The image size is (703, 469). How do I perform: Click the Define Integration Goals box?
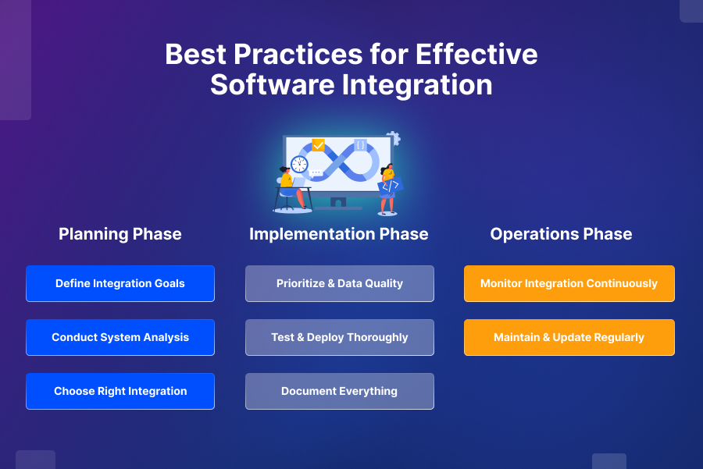[120, 283]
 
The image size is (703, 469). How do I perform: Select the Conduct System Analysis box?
[120, 337]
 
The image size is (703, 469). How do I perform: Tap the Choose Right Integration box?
[120, 391]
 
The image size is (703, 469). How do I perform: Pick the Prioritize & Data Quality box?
[340, 283]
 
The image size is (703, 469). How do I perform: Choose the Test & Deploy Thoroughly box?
[340, 337]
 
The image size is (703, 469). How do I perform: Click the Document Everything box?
[340, 391]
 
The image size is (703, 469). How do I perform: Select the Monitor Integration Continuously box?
[569, 283]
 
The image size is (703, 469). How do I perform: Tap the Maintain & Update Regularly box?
[569, 337]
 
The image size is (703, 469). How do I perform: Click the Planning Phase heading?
[120, 234]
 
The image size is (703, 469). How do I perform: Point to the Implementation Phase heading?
[339, 234]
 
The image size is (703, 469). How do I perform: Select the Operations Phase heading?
[561, 234]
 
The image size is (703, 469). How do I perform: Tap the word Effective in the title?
[476, 55]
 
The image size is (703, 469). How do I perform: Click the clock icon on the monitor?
[299, 164]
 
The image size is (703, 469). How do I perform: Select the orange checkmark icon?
[318, 145]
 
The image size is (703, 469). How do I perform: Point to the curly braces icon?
[360, 145]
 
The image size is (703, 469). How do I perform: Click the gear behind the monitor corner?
[394, 139]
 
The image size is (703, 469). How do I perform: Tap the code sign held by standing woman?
[389, 187]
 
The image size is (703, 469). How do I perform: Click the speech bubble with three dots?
[316, 173]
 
